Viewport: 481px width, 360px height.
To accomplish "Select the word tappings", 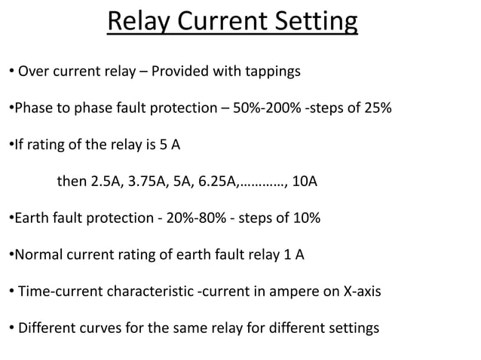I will (270, 72).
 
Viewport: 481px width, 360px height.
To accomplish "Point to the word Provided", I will (179, 72).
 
